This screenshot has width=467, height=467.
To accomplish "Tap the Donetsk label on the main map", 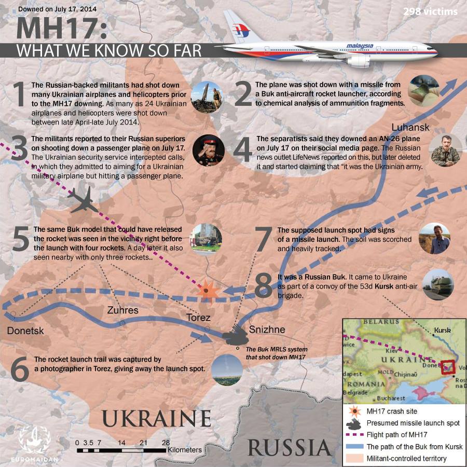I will [x=25, y=331].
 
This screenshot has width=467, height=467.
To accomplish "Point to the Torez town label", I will [x=198, y=318].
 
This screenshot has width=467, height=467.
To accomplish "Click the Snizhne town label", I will [x=267, y=329].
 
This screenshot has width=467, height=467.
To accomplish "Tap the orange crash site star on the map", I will [x=206, y=292].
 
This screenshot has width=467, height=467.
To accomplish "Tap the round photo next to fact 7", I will [x=434, y=238].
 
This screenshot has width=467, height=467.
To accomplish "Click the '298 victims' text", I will [x=430, y=11].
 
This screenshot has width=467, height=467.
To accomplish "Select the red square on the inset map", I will [x=448, y=367].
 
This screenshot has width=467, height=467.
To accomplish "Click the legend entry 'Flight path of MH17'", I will [x=397, y=434].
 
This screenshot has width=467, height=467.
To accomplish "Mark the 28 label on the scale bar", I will [x=166, y=442].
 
